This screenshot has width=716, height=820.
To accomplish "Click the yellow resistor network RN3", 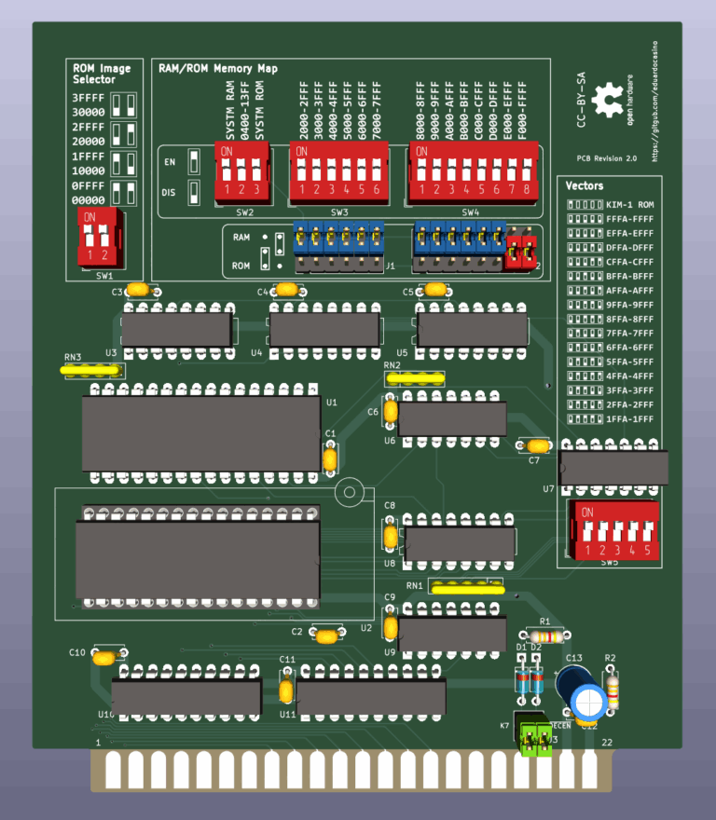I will coord(91,370).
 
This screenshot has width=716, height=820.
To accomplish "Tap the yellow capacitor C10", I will coord(105,657).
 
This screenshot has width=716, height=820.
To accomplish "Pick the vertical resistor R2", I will coord(613,690).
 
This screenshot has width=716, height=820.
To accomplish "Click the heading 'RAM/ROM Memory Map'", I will coord(217,68).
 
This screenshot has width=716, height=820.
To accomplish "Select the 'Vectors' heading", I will coord(585,185).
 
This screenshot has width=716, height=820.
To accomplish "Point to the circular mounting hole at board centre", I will coord(351,492).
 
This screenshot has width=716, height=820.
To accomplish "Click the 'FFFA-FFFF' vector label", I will coord(630,218).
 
